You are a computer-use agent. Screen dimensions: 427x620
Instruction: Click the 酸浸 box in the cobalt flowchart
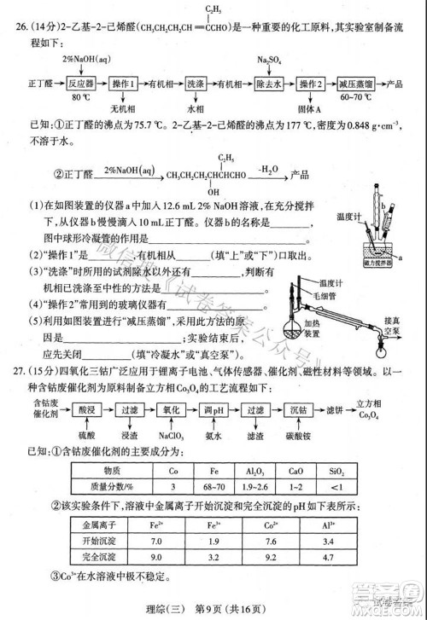[x=85, y=409]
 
